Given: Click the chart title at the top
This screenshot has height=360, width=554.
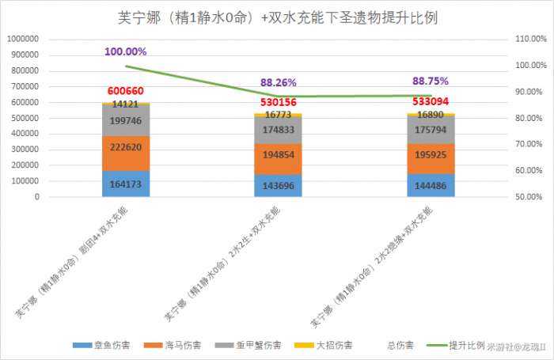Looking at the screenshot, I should (276, 17).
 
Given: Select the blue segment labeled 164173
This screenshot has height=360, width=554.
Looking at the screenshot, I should (125, 184).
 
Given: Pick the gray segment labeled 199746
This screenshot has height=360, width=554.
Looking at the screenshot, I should (125, 119).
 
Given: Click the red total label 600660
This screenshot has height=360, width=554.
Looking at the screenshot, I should (125, 92).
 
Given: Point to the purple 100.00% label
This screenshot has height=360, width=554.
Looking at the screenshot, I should (125, 51).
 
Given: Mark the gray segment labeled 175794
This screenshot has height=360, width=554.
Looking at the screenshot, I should (431, 130).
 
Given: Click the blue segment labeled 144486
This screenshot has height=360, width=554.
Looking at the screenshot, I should (431, 185).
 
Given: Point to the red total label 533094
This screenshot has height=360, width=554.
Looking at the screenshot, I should (431, 102).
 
